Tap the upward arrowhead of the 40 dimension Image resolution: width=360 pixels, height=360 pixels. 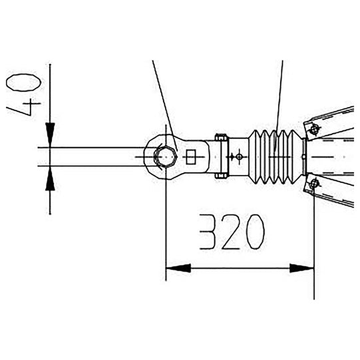click(50, 178)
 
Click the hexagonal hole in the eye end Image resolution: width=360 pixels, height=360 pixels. click(164, 156)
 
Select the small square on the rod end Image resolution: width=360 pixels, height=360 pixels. click(192, 157)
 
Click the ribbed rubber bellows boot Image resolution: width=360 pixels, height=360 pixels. click(274, 156)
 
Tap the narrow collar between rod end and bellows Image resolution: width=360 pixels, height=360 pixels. click(221, 156)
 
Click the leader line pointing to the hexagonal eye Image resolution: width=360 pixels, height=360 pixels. click(162, 96)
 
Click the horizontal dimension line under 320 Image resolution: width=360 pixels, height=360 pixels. click(240, 268)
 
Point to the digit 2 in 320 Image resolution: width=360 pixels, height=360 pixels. click(231, 233)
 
